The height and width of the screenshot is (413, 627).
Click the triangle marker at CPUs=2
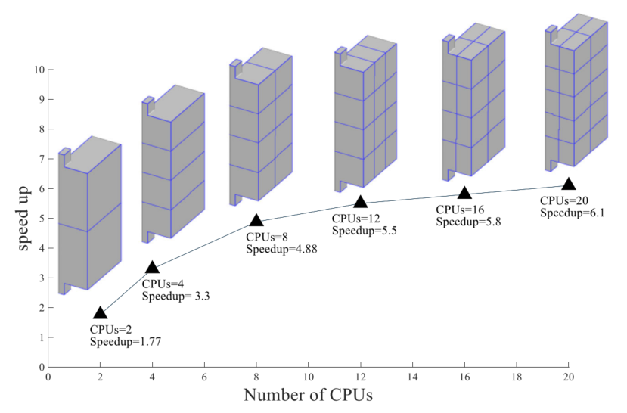coord(100,313)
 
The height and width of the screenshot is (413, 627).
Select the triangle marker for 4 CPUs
coord(152,267)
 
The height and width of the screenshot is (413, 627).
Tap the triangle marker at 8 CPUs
coord(256,220)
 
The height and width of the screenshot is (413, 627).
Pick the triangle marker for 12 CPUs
coord(360,201)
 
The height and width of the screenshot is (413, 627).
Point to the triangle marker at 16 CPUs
coord(464,193)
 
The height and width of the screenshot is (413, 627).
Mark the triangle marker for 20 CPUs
coord(568,183)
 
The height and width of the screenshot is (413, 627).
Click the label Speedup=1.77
coord(126,342)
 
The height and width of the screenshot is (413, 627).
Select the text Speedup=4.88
coord(281,249)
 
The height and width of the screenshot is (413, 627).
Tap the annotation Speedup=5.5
coord(365,230)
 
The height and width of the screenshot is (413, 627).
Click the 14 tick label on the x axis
coord(412,376)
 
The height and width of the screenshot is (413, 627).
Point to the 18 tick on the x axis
coord(517,376)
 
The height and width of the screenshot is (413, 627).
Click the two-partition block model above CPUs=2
coord(89,216)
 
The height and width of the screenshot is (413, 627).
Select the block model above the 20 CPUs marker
coord(576,95)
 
